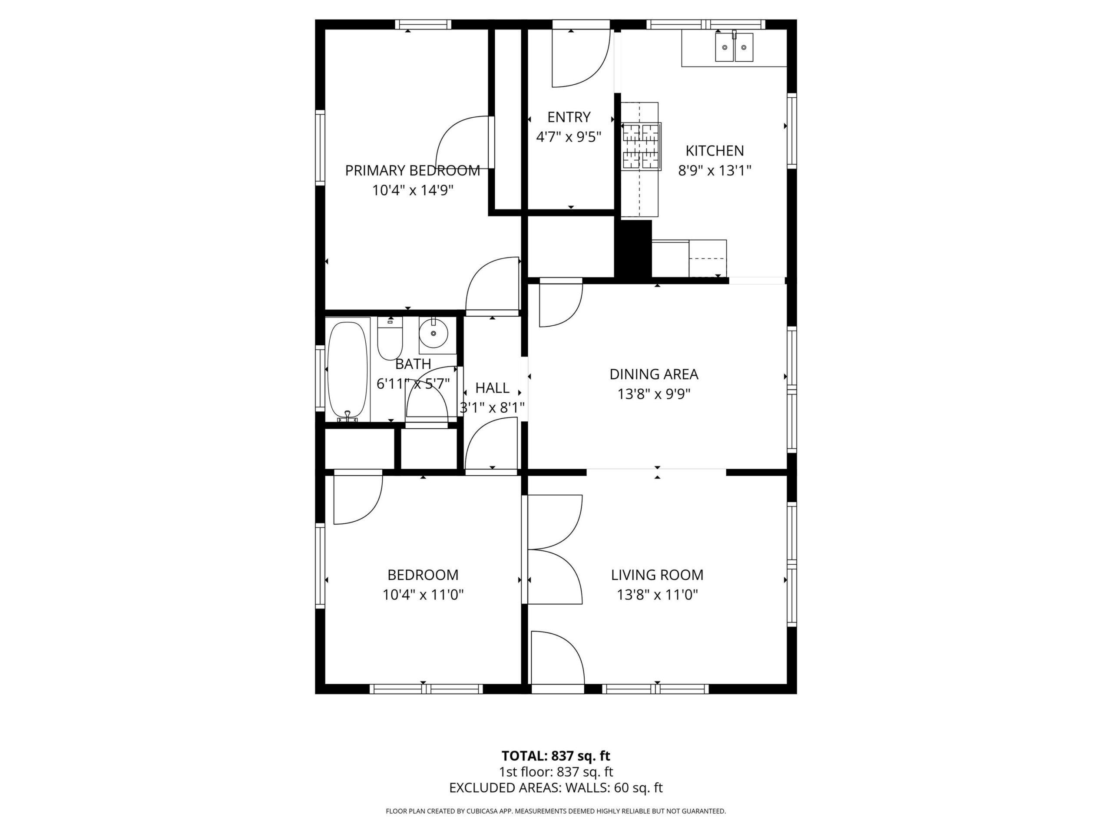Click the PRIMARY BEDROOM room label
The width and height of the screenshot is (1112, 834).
[x=412, y=171]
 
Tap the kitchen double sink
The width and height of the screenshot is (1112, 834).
[x=734, y=47]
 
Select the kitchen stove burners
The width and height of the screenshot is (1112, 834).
[x=641, y=146]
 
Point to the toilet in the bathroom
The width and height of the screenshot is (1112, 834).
[x=390, y=338]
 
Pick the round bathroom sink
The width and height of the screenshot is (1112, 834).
[x=434, y=333]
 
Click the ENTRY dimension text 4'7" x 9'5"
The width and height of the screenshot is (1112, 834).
[x=569, y=137]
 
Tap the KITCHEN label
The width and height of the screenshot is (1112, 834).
[x=715, y=151]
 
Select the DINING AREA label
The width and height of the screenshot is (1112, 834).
[x=654, y=374]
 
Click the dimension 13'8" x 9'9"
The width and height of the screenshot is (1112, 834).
[x=654, y=394]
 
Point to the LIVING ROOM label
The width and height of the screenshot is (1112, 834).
[x=657, y=575]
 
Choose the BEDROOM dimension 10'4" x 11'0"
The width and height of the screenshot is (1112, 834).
[x=423, y=595]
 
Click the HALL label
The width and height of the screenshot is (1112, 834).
[x=492, y=388]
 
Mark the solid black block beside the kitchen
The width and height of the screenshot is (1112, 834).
[x=633, y=248]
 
